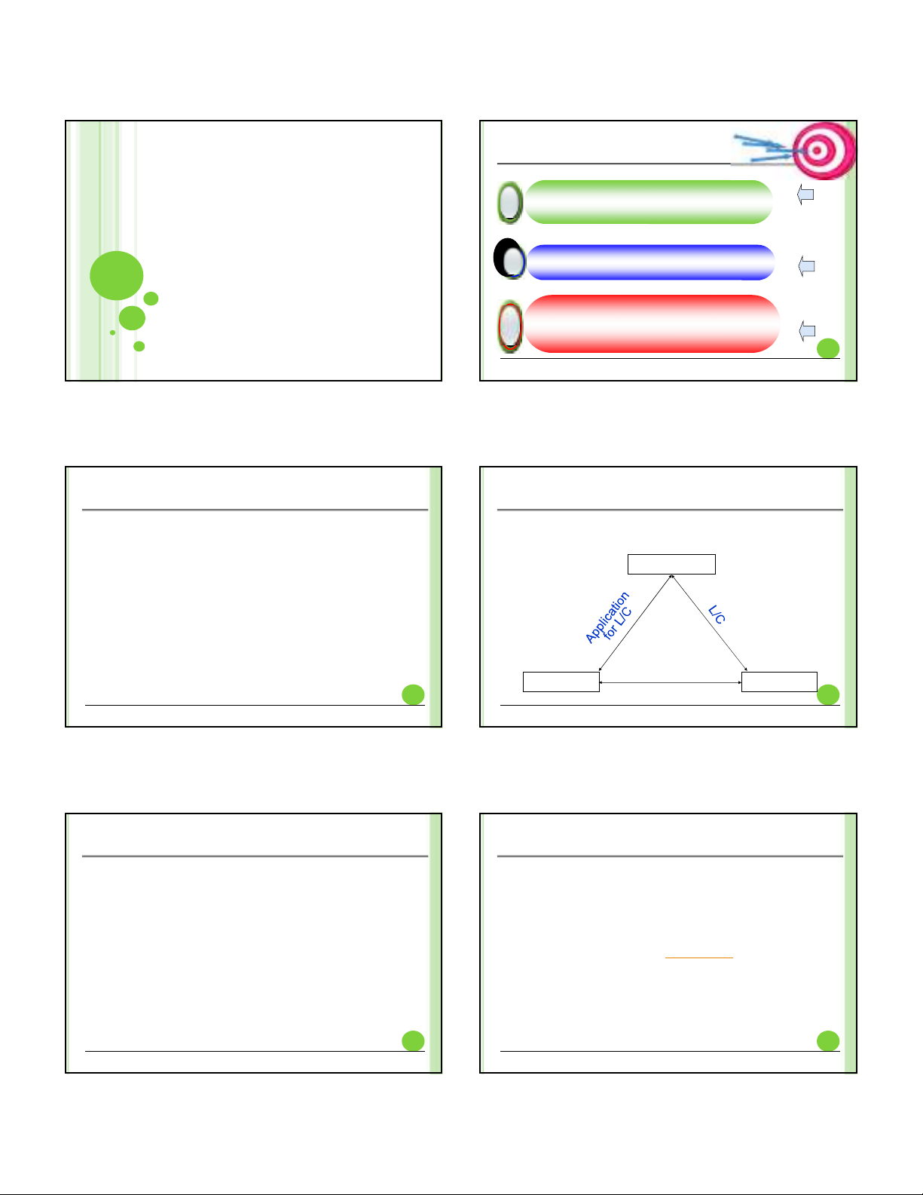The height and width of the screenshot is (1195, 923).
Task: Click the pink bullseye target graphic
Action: click(x=824, y=151)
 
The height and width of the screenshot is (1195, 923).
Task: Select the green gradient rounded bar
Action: click(x=648, y=202)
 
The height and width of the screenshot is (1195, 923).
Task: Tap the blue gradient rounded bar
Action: click(x=650, y=262)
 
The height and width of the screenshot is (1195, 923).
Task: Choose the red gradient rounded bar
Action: click(x=652, y=323)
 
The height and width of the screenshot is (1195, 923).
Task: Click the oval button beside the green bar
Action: click(x=510, y=202)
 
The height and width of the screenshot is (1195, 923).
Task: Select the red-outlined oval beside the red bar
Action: click(x=510, y=326)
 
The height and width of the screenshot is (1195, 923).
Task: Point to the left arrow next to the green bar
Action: click(x=805, y=194)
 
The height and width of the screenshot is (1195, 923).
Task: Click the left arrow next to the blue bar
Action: click(x=806, y=266)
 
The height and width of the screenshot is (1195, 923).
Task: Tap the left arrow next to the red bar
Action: click(x=807, y=331)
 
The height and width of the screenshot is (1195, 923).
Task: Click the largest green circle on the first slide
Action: click(x=117, y=275)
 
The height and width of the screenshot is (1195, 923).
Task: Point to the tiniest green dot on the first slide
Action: click(x=112, y=332)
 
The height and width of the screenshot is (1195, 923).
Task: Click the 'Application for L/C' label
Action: click(x=609, y=617)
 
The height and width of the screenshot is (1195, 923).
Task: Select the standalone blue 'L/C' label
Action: click(x=717, y=614)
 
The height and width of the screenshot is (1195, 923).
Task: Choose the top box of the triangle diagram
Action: click(x=671, y=564)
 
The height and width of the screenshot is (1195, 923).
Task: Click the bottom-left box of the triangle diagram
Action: click(x=561, y=682)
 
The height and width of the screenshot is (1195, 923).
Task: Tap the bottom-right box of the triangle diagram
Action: click(x=779, y=682)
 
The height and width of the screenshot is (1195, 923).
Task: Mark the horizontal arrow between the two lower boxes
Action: click(x=671, y=682)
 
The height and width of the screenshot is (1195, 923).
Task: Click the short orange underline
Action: click(x=699, y=958)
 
